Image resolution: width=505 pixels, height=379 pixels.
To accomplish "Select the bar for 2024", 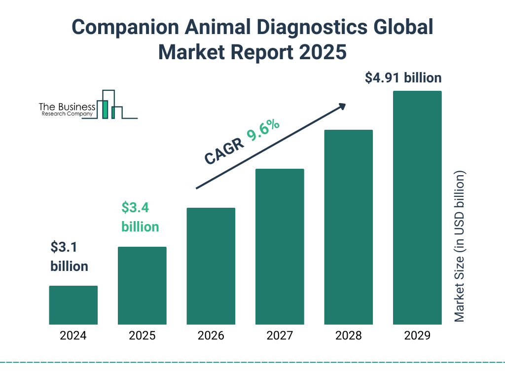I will click(73, 305).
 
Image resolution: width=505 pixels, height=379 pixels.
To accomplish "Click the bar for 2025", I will click(142, 285).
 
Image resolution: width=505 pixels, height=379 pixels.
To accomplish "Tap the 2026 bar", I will click(211, 266).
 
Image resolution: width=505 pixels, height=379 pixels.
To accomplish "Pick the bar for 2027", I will click(280, 247).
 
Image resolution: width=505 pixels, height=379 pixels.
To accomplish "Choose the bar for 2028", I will click(348, 227).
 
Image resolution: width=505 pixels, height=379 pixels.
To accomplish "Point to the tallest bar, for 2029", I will click(417, 208).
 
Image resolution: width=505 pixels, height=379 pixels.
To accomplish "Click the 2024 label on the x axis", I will click(73, 336).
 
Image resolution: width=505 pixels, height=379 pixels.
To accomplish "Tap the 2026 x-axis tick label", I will click(211, 336).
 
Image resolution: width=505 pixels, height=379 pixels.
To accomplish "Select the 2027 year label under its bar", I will click(280, 336).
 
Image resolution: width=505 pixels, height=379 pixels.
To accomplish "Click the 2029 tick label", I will click(417, 336).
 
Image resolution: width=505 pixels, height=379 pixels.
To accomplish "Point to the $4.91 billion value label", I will click(403, 78).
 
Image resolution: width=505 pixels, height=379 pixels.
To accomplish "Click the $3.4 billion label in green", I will click(140, 217).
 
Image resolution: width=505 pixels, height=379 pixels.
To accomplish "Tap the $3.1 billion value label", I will click(69, 256).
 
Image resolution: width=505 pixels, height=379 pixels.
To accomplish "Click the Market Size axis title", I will click(460, 247).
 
